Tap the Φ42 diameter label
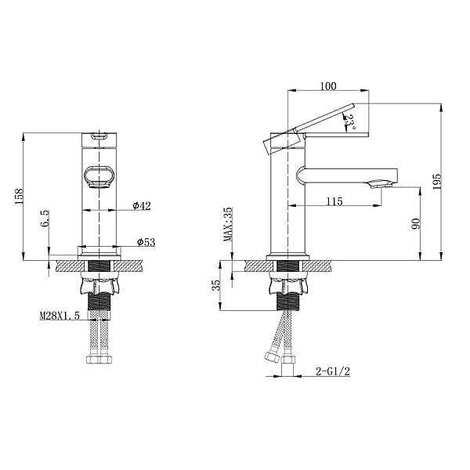[142, 206]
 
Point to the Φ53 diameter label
[146, 243]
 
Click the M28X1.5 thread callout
[60, 317]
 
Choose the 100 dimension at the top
[328, 85]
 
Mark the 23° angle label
[351, 121]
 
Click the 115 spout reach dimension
[334, 201]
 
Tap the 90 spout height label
[416, 224]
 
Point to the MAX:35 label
[227, 225]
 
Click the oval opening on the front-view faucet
[98, 176]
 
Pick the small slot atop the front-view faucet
[99, 136]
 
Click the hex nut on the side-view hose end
[272, 357]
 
